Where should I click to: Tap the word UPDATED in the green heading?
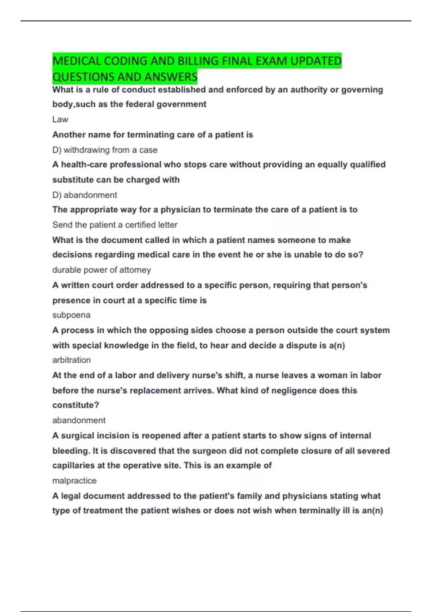[x=316, y=61]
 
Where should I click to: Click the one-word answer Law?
[x=60, y=120]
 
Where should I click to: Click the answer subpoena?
[x=71, y=315]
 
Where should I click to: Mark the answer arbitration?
[x=72, y=360]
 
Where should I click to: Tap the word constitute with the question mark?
[x=76, y=405]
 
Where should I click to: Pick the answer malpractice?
[x=75, y=481]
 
